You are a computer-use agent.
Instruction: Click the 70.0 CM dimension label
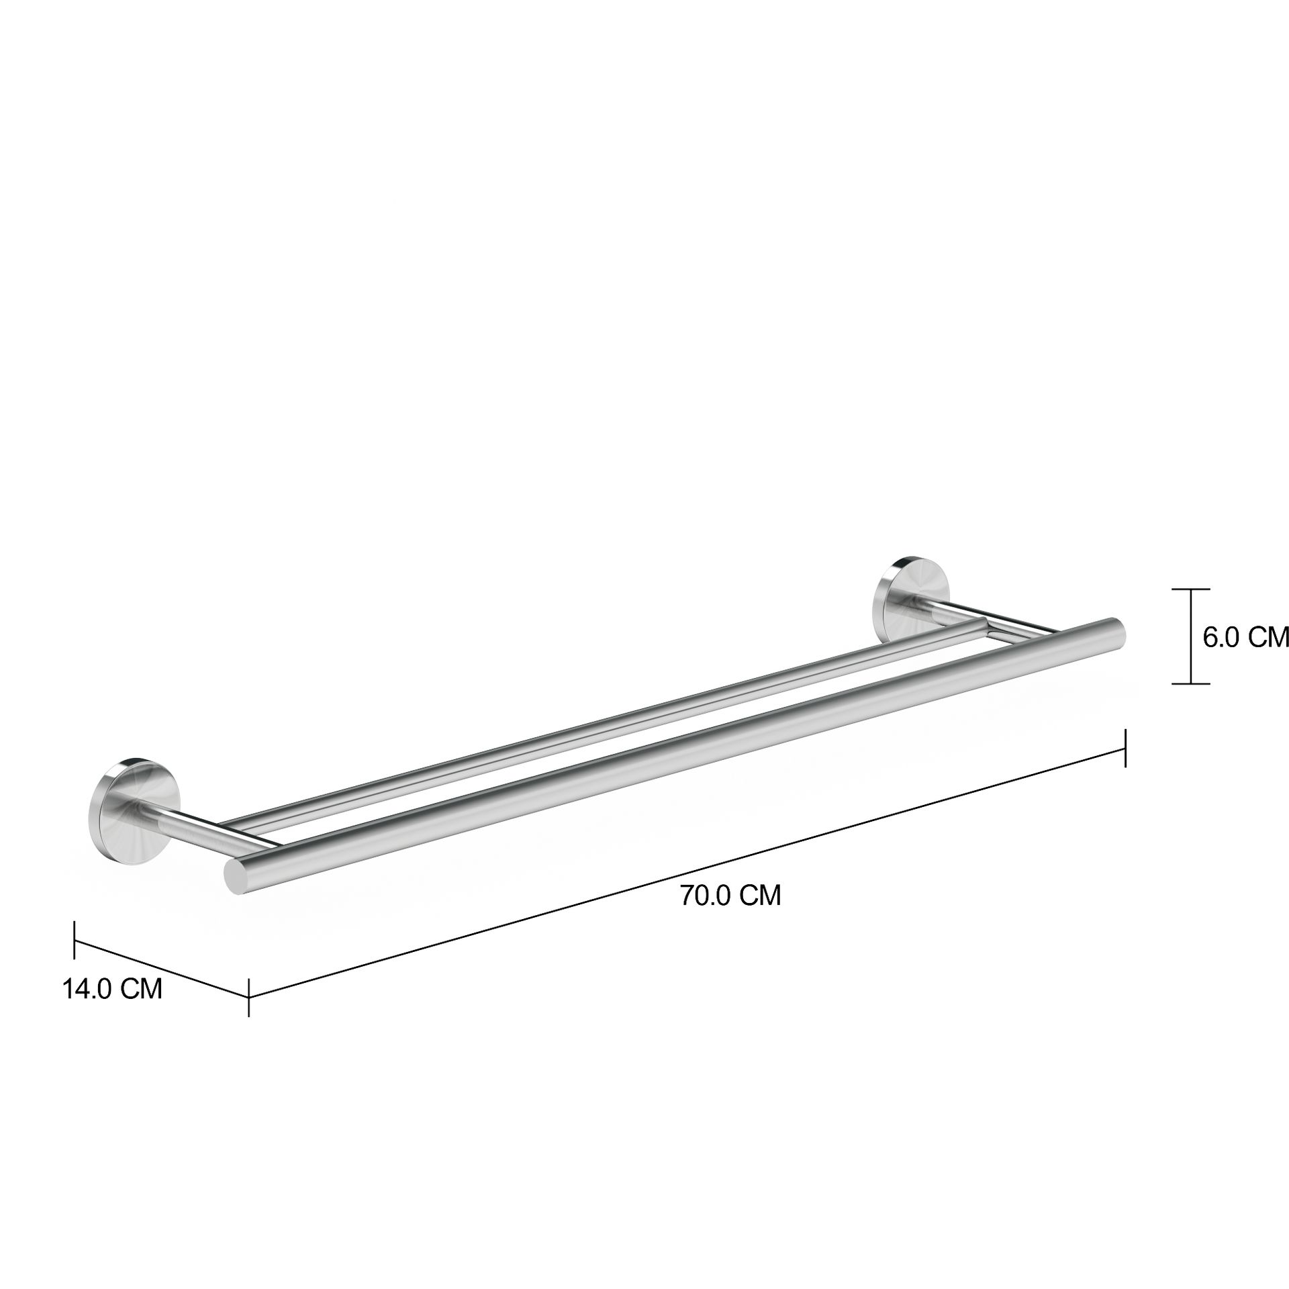[x=730, y=896]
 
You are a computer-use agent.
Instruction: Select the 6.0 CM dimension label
[x=1245, y=637]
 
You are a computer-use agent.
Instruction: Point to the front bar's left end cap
[x=235, y=875]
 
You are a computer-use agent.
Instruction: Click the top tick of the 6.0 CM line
[x=1191, y=589]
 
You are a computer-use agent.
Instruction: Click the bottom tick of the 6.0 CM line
[x=1191, y=684]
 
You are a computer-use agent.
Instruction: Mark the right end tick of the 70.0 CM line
[x=1125, y=747]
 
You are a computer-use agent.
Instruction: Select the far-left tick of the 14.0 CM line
[x=75, y=939]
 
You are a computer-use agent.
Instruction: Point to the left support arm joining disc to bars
[x=195, y=824]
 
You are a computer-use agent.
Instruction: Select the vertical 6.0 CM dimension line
[x=1191, y=638]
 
